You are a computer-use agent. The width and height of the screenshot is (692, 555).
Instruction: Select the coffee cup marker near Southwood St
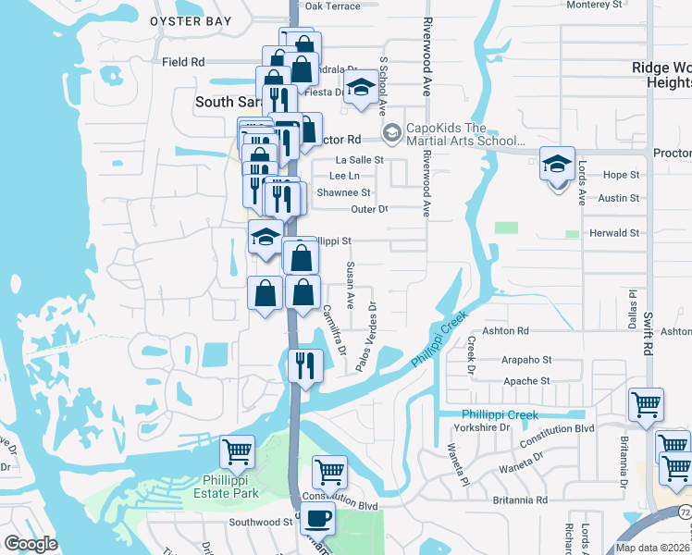[317, 520]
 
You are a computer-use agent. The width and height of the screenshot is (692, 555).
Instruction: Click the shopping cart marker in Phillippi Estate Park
[238, 452]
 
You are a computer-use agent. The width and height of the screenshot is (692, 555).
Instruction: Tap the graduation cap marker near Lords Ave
[557, 165]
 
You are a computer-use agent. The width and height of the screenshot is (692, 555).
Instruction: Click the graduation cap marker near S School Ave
[359, 90]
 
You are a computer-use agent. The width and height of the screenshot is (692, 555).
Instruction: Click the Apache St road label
[526, 380]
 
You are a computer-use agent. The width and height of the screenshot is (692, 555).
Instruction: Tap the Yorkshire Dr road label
[481, 428]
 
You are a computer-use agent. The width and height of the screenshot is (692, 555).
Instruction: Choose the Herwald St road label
[615, 233]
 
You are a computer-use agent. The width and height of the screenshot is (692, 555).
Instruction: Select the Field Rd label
[182, 62]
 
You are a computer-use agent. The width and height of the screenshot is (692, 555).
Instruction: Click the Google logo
[31, 544]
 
